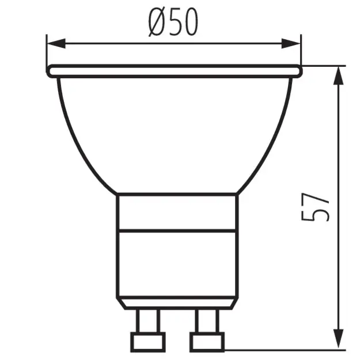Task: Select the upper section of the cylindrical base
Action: tap(176, 212)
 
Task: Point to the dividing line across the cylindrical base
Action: tap(176, 231)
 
